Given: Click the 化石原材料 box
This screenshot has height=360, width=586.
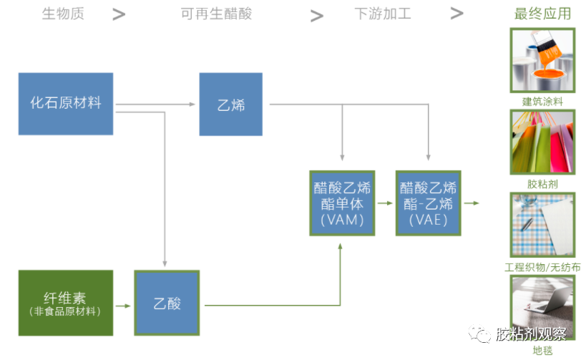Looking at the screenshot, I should pos(66,104).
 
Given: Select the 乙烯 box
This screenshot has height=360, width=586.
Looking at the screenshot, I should pos(230,104).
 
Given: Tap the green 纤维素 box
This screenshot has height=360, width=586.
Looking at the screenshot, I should pos(66,303).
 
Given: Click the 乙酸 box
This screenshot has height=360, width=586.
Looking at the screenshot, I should pos(167,303).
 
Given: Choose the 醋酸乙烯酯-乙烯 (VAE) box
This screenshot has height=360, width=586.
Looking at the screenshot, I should pos(428,203).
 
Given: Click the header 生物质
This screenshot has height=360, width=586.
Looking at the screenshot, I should pos(62,14).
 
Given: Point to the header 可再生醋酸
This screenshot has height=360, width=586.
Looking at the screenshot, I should pos(216,14).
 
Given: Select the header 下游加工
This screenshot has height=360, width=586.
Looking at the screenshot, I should pos(383,14).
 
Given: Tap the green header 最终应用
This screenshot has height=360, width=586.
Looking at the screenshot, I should pos(542,14).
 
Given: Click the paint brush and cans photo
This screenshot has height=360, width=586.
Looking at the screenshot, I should pos(542,60).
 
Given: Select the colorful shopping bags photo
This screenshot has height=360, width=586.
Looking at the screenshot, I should pos(542,142).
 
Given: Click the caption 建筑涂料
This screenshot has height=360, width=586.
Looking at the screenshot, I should pos(542,102).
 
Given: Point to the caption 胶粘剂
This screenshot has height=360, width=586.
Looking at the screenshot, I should pos(542,184).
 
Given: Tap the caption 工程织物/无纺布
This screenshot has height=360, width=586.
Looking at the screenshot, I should pos(542,267).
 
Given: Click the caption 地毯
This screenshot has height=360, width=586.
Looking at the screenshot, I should pos(542,351).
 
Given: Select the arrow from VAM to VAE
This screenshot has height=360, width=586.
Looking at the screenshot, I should pos(385,203).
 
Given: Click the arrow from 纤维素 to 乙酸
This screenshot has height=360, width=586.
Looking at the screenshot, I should pos(123,306).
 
